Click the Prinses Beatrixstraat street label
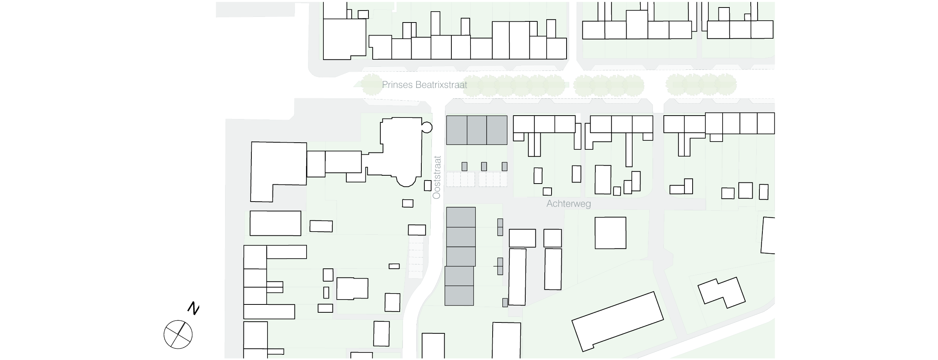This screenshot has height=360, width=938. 424,85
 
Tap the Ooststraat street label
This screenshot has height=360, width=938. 437,177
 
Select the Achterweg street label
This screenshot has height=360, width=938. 568,204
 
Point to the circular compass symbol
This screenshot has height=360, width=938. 178,334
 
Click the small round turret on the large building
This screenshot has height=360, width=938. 427,127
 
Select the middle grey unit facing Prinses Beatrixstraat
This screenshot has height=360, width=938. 477,130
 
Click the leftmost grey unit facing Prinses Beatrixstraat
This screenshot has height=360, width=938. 457,130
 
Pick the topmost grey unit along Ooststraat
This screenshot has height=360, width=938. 461,217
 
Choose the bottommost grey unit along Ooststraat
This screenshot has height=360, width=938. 459,295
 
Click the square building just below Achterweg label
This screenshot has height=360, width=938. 610,233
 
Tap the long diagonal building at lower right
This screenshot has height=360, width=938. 618,322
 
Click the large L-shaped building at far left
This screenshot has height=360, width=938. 278,171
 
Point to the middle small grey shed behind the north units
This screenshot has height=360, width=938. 484,166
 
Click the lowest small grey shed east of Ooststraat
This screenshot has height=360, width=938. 505,303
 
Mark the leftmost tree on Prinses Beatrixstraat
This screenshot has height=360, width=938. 371,84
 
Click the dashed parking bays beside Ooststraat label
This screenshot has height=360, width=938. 476,179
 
